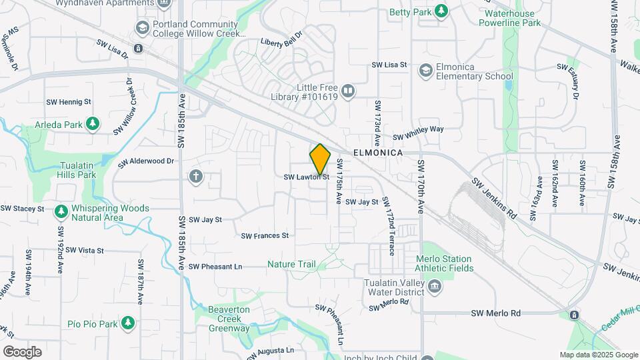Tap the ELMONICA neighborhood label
[378, 153]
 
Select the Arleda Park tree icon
[93, 124]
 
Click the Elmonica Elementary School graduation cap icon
[425, 71]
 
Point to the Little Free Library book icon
[347, 91]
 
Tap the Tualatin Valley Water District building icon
[435, 287]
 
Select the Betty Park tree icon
[440, 11]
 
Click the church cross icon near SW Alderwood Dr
[195, 177]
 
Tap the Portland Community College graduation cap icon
[141, 28]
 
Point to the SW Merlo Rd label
[495, 313]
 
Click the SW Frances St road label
[265, 236]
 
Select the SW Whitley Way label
[418, 133]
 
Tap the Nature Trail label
[291, 265]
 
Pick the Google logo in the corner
[22, 351]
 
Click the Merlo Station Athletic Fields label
[445, 263]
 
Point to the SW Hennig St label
[68, 102]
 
